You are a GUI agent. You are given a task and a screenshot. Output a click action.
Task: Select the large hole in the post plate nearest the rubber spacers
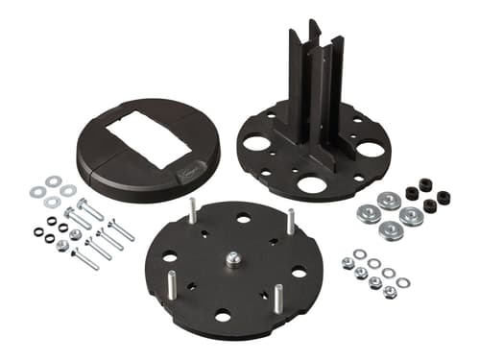370,150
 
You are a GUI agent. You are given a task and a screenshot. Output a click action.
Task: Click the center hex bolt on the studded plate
232,259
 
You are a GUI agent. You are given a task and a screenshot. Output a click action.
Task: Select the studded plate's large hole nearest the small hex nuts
299,272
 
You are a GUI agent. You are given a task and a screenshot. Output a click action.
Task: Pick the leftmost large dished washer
367,213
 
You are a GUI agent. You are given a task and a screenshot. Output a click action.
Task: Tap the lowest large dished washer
390,230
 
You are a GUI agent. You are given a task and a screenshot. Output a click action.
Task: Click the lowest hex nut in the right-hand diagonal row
390,292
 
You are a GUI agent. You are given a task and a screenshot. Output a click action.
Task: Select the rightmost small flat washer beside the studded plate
403,282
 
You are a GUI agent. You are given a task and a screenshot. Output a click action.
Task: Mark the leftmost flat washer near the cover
36,192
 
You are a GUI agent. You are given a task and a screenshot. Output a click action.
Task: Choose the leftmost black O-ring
38,231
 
